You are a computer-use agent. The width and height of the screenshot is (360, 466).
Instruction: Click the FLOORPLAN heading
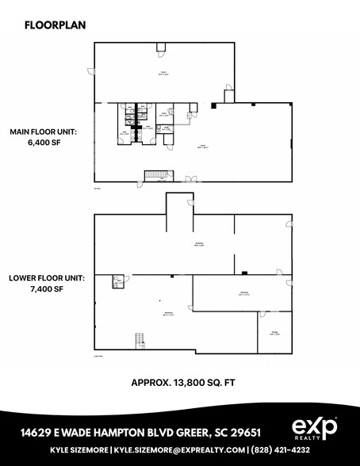56,25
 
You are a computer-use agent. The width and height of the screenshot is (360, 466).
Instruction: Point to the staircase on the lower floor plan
140,340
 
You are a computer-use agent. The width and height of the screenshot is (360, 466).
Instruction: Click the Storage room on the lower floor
274,333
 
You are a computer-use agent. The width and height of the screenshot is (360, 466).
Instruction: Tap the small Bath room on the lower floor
117,281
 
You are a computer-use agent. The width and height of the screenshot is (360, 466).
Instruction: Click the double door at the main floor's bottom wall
188,180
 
